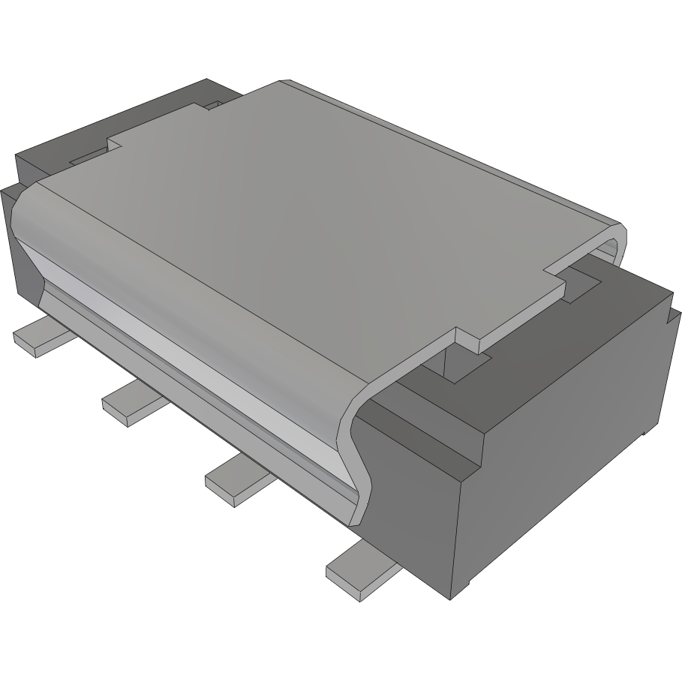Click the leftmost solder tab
(x=38, y=337)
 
